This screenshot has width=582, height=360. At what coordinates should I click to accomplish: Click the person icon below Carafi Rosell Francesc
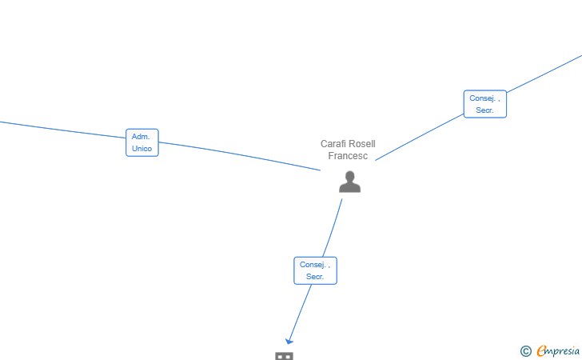click(x=349, y=182)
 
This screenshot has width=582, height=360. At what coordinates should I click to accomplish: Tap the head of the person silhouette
click(x=349, y=176)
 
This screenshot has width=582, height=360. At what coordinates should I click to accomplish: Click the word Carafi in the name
click(x=333, y=144)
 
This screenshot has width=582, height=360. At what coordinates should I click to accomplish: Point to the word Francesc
click(x=348, y=156)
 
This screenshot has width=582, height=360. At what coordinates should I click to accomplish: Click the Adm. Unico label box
click(x=142, y=142)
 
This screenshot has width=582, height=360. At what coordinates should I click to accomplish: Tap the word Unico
click(x=142, y=149)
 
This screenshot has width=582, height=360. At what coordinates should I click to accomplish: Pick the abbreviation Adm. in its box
click(x=141, y=137)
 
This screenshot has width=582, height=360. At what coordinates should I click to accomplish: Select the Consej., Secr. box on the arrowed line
click(x=316, y=270)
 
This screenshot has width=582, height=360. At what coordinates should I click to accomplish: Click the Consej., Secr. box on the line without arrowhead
click(x=485, y=104)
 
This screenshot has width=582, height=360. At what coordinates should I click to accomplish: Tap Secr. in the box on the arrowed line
click(x=315, y=277)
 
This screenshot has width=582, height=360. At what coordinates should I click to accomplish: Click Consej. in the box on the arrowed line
click(x=313, y=265)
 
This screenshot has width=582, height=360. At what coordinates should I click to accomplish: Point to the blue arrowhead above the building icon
click(x=289, y=341)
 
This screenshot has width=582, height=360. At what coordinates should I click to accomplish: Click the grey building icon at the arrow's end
click(x=284, y=356)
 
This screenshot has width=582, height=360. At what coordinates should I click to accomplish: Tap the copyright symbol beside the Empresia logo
click(x=525, y=351)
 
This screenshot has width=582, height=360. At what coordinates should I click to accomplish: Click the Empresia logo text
click(x=558, y=350)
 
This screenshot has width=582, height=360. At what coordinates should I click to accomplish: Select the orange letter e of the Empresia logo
click(x=541, y=350)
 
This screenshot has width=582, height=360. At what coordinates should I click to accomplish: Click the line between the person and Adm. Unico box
click(x=239, y=155)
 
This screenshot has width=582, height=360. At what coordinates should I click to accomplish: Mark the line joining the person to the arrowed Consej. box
click(x=333, y=228)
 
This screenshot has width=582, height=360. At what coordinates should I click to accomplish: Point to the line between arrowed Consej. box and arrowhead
click(x=301, y=312)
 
